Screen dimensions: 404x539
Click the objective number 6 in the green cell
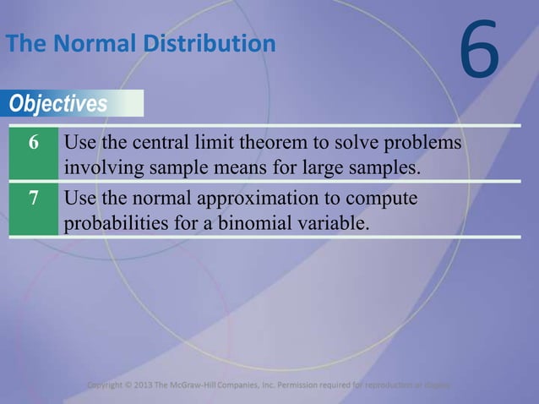coord(33,142)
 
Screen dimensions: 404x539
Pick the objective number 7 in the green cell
coord(33,200)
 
